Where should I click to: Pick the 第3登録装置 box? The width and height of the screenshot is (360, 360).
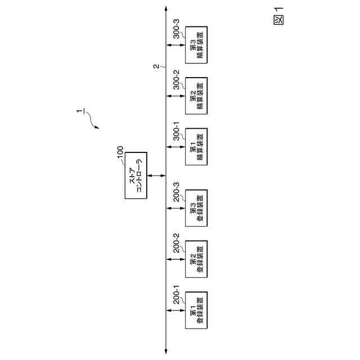pyautogui.click(x=196, y=207)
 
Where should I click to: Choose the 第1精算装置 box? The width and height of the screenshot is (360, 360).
pyautogui.click(x=196, y=147)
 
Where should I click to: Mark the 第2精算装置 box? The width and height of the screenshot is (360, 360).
pyautogui.click(x=196, y=96)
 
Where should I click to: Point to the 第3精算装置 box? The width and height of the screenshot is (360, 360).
pyautogui.click(x=196, y=44)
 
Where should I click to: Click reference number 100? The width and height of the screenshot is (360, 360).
pyautogui.click(x=120, y=154)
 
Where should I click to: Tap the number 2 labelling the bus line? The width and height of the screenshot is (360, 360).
pyautogui.click(x=156, y=66)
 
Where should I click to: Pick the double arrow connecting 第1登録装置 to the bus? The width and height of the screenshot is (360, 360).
pyautogui.click(x=175, y=310)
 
